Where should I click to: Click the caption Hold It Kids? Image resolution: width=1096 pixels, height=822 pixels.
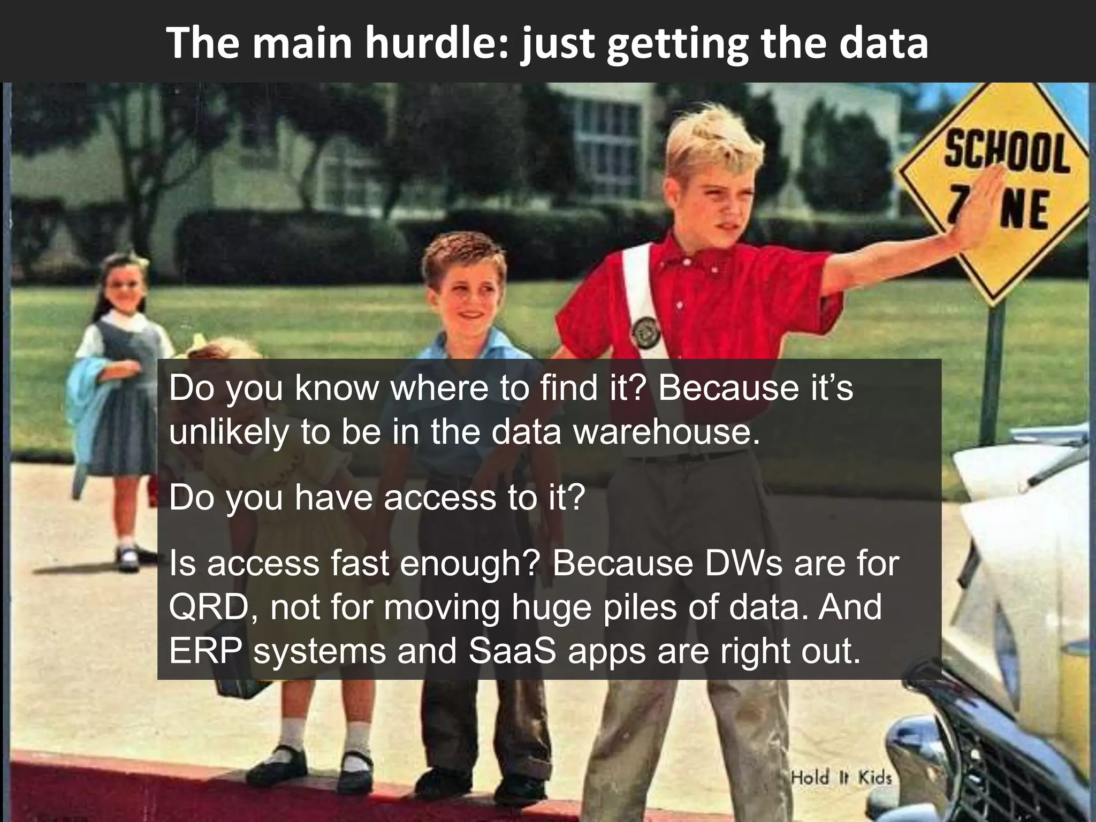pos(841,777)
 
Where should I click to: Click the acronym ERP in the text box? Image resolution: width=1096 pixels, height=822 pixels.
pos(203,651)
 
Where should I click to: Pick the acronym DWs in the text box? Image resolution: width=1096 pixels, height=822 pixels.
pos(744,563)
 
